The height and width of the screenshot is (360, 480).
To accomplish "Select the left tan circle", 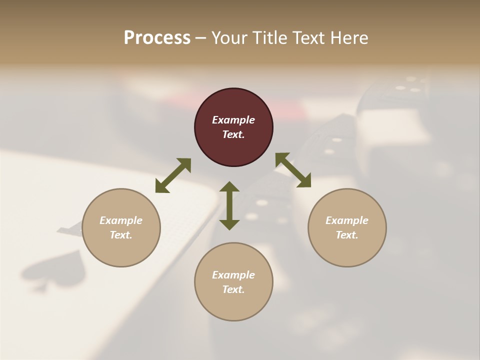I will pos(121,227).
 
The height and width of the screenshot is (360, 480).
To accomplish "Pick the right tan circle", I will pos(347,227).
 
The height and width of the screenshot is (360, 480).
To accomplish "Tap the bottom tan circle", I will pos(233,282).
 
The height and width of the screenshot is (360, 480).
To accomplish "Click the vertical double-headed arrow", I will pos(229,205).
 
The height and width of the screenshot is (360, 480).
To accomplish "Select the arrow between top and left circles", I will pos(173,175).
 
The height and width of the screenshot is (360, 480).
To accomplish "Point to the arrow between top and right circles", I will pos(293,170).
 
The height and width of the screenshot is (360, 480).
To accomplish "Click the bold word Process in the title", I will pos(157,38).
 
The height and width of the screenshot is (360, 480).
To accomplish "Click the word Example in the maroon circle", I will pos(233,120).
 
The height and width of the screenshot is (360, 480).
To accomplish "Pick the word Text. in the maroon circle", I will pos(233,134).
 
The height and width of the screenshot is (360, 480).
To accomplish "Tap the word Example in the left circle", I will pos(121,220).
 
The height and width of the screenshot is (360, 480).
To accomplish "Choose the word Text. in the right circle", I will pos(347,235).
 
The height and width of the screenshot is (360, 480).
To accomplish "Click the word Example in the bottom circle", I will pos(233,275).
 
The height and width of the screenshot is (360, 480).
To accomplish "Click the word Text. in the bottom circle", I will pos(233,289).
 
